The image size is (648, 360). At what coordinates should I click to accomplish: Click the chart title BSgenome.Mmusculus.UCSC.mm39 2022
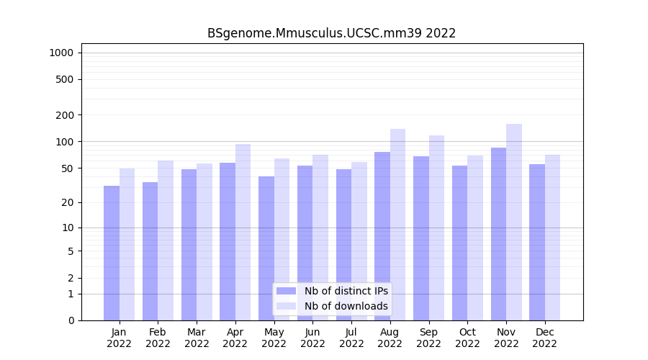pos(331,33)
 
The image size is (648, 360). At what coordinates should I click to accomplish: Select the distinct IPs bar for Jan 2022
pos(112,253)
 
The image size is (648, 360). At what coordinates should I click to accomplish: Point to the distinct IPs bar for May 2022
pos(266,248)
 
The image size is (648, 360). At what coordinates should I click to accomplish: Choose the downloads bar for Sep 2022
pos(436,228)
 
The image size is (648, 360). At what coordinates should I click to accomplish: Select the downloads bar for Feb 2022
pos(166,240)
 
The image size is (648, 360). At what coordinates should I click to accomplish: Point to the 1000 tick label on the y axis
pos(61,53)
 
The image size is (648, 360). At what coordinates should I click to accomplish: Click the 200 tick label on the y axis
pos(64,115)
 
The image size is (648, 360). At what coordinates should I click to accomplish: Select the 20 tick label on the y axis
pos(67,203)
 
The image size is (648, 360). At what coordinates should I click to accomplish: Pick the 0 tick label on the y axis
pos(71,320)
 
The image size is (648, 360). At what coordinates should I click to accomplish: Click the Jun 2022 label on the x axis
pos(312,338)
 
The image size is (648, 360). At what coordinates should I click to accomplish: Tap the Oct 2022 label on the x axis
pos(467,338)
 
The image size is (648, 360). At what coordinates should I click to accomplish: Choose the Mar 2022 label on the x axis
pos(197,338)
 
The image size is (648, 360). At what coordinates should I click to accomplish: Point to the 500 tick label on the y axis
pos(64,79)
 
